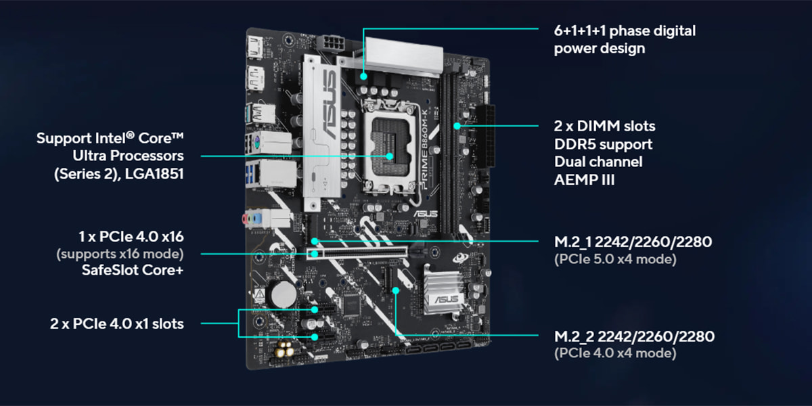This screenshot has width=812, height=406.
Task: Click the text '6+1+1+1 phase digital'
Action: [624, 30]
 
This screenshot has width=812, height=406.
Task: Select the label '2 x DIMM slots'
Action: [604, 126]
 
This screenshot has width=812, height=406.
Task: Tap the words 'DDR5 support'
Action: [603, 144]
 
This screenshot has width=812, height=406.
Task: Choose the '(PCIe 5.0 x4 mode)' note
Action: [614, 259]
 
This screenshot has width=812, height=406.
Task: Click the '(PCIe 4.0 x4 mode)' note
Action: [614, 353]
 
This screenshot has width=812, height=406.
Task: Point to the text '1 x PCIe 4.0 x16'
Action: [131, 237]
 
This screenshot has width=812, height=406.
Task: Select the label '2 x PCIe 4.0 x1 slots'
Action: [116, 324]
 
